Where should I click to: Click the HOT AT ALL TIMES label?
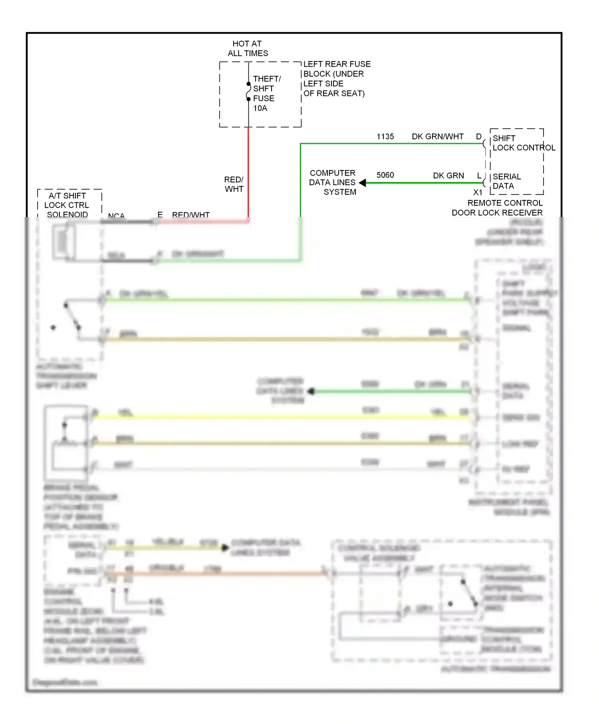[247, 48]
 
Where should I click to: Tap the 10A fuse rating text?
[260, 108]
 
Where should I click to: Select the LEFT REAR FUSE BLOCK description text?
[336, 79]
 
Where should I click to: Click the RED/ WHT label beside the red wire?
[234, 184]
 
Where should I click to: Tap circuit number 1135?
[385, 136]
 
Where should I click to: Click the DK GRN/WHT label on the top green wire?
[437, 136]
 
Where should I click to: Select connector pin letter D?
[478, 136]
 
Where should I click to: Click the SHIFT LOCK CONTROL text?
[523, 143]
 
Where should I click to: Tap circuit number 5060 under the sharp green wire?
[385, 175]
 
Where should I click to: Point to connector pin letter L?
[479, 176]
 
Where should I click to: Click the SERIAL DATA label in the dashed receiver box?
[506, 181]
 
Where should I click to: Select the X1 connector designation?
[478, 192]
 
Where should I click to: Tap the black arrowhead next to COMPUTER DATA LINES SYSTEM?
[363, 183]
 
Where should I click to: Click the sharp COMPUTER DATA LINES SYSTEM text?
[332, 182]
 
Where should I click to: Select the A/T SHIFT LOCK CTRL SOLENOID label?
[67, 205]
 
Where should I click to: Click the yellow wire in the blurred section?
[280, 417]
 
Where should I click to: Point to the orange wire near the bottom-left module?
[216, 574]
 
